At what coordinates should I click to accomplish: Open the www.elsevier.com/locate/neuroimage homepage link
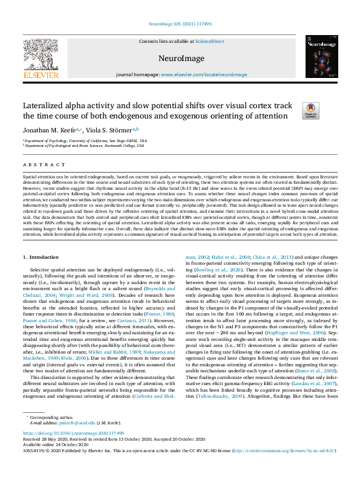(x=204, y=74)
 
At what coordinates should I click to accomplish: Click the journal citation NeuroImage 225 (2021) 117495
(x=180, y=25)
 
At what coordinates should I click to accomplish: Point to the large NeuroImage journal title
(x=180, y=57)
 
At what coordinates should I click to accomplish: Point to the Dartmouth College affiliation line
(x=85, y=146)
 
